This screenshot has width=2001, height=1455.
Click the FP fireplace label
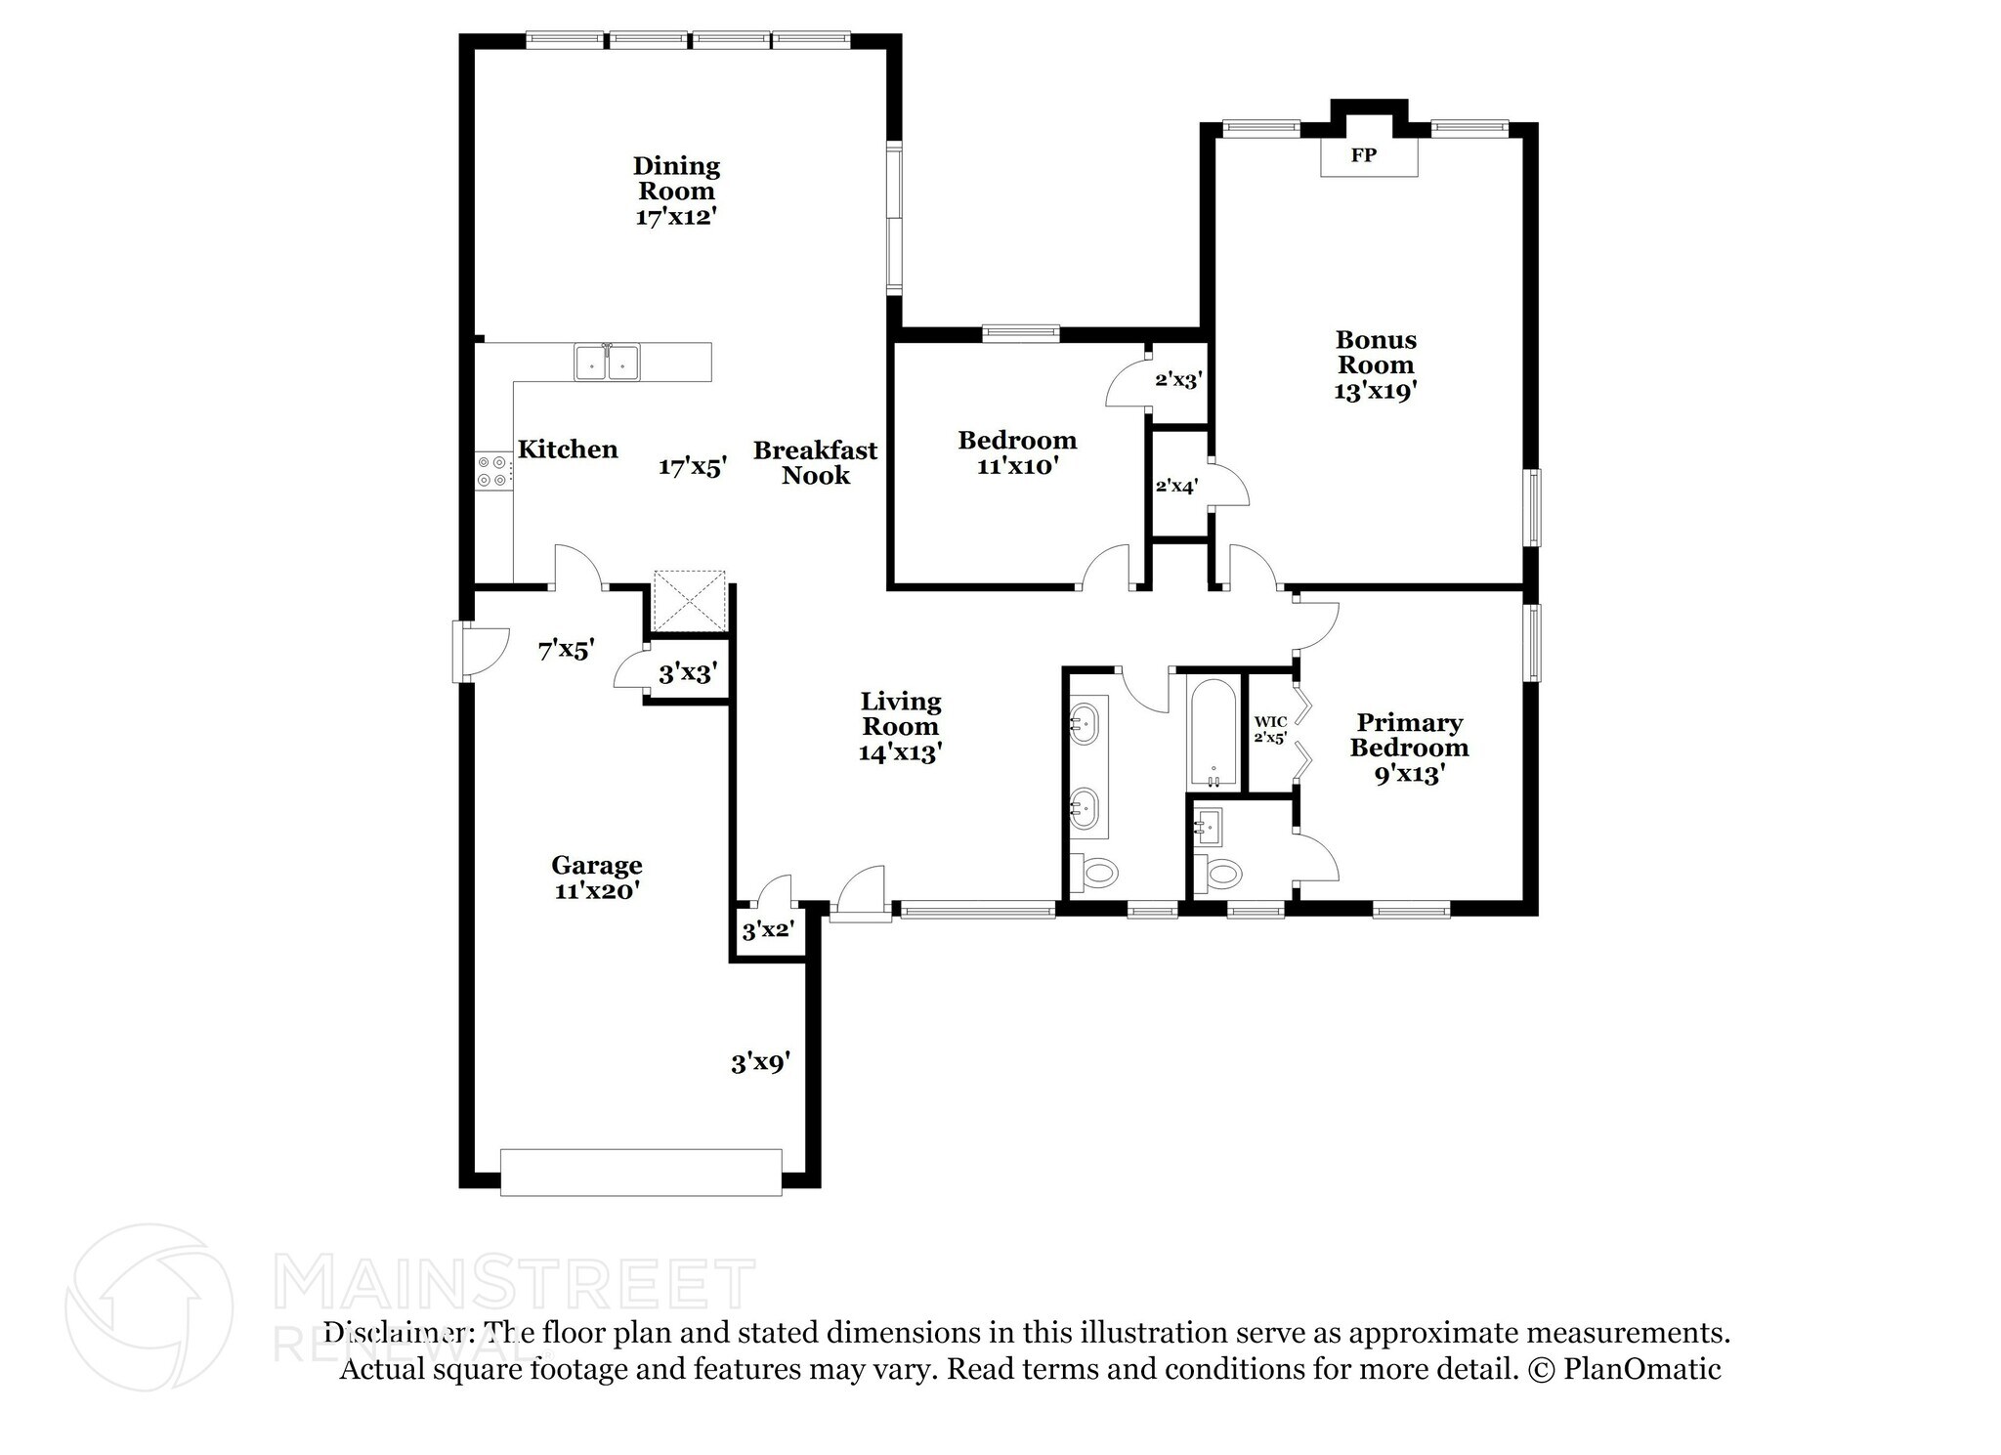point(1363,155)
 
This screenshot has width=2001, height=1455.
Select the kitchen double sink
point(607,363)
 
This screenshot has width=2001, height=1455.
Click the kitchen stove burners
point(491,471)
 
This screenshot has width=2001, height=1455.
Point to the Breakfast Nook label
point(815,463)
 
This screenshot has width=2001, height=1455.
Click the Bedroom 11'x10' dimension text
point(1017,467)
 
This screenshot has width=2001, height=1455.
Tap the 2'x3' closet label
point(1176,380)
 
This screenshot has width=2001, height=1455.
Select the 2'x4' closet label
point(1176,486)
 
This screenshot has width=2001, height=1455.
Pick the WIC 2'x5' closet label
point(1270,730)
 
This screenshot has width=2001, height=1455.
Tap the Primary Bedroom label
point(1409,736)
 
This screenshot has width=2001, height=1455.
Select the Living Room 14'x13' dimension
point(900,753)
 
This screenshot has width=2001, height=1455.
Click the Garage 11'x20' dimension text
point(596,891)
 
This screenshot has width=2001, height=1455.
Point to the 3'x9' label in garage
point(760,1063)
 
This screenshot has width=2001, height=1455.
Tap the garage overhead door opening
point(641,1172)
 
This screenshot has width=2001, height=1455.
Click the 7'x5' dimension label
point(566,650)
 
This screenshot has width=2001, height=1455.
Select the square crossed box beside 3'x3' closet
point(689,601)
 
